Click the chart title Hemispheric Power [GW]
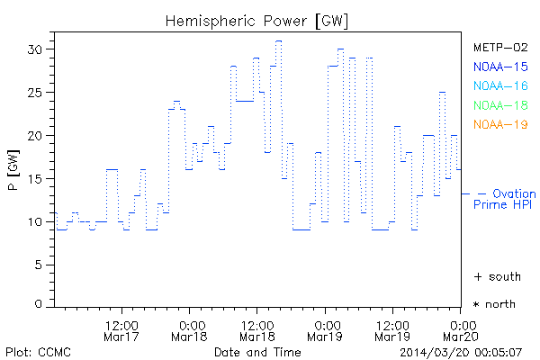point(256,20)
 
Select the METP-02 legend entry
point(499,47)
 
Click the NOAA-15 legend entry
point(499,66)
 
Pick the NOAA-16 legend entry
point(499,85)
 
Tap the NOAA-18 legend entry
point(499,105)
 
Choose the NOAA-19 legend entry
point(499,124)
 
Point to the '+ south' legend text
point(496,275)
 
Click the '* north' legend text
point(496,304)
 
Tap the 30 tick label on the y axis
point(35,49)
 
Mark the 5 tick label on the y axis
point(39,265)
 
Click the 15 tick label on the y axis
point(35,179)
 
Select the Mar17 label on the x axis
point(121,337)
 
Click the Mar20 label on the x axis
point(462,337)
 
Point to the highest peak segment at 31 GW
point(279,40)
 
